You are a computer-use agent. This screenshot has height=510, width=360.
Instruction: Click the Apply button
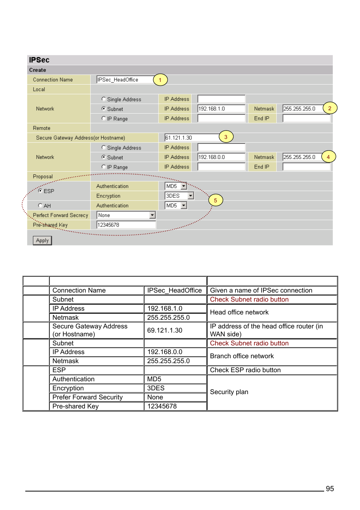(42, 240)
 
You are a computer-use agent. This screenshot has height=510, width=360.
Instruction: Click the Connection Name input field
(125, 80)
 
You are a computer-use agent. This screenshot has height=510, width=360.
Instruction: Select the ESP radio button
(40, 191)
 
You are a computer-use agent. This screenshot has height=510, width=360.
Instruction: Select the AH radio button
(40, 205)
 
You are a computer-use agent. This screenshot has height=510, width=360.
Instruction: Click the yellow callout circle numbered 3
(226, 137)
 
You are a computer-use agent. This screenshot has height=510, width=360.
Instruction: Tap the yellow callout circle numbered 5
(215, 200)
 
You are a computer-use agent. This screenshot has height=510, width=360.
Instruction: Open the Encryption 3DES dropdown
(179, 196)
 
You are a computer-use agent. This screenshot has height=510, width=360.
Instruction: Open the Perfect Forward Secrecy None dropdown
(126, 215)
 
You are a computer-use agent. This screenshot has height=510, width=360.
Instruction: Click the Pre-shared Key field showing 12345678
(126, 225)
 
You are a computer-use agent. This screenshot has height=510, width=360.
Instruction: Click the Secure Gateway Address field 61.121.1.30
(192, 138)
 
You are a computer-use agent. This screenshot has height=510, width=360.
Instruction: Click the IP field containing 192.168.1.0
(221, 109)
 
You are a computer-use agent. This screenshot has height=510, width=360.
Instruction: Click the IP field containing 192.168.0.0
(221, 157)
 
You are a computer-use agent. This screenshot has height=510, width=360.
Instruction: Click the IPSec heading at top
(39, 60)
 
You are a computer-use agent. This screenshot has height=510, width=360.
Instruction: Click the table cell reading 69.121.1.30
(165, 330)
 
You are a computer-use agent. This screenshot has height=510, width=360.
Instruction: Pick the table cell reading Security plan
(229, 392)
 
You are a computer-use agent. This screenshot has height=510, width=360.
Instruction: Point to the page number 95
(330, 488)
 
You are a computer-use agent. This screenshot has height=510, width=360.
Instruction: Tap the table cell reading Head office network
(239, 312)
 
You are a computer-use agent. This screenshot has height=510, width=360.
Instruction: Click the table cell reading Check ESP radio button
(245, 370)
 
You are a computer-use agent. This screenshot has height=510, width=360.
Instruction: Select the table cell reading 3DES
(156, 388)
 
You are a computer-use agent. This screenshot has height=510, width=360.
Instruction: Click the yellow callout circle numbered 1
(160, 80)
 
